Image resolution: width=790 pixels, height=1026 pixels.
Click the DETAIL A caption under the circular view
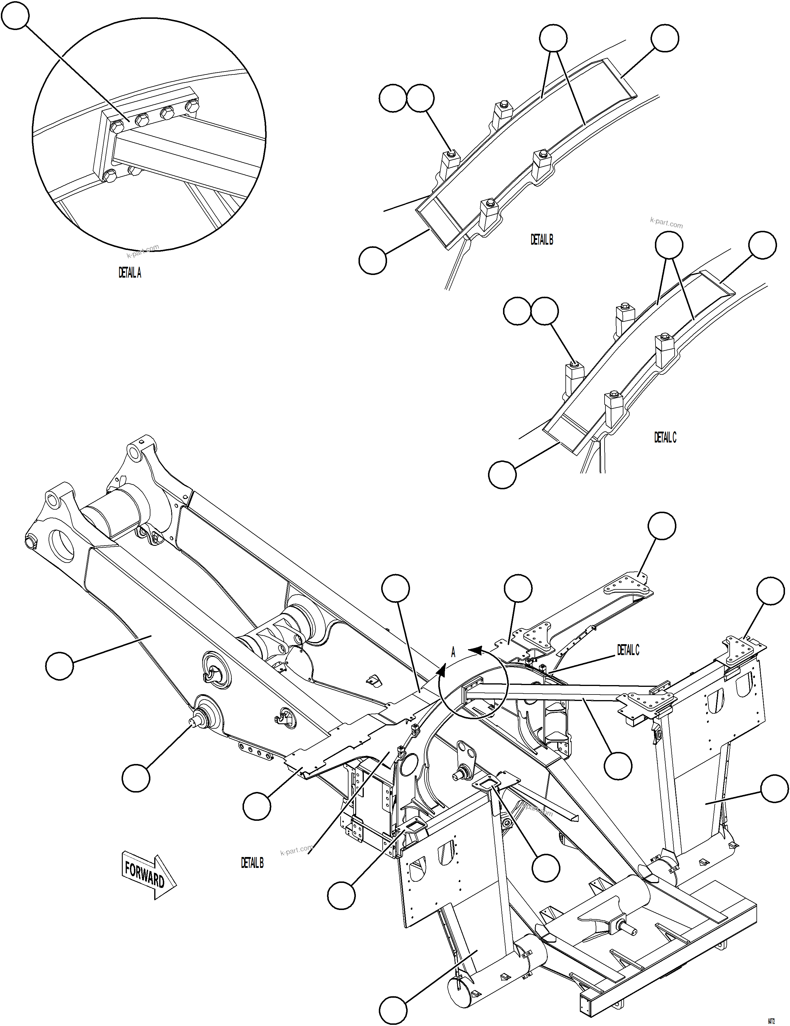coord(130,273)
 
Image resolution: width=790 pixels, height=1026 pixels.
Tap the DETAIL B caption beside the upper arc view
coord(542,240)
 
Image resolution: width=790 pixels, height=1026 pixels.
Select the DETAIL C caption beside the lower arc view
coord(665,437)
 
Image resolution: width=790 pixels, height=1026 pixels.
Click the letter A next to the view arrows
coord(453,652)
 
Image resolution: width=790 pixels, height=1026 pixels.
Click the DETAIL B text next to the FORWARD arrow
coord(252,863)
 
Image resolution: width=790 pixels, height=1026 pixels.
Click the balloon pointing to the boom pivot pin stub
coord(136,778)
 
